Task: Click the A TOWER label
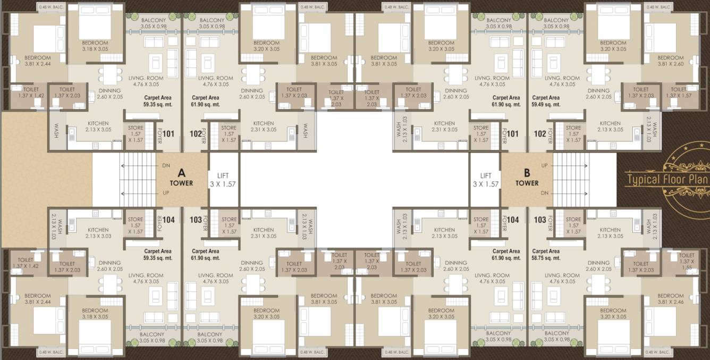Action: pos(181,178)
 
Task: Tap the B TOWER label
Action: pos(527,178)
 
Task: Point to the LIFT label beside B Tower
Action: pos(486,180)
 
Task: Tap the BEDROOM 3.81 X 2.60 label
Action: pos(670,61)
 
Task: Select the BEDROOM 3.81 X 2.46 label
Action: pos(670,299)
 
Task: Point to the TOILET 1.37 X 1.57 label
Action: pos(679,93)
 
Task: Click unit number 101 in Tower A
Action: pos(168,133)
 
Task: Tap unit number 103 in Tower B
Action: pos(540,220)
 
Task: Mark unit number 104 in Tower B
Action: pos(513,220)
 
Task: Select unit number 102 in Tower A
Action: pos(196,133)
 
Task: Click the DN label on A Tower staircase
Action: pos(166,166)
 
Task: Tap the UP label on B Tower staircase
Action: pos(544,166)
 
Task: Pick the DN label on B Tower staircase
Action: pos(544,193)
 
